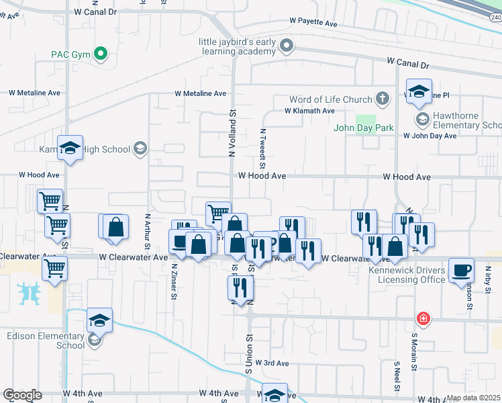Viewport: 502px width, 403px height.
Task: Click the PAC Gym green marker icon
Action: click(x=101, y=54)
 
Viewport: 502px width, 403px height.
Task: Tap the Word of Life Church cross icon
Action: click(x=383, y=99)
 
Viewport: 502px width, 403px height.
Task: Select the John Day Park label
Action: click(x=364, y=128)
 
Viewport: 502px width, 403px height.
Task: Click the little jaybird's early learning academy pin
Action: click(x=287, y=46)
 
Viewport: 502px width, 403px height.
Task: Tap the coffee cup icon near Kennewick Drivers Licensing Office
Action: click(x=460, y=270)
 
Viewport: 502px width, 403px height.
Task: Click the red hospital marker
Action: click(x=423, y=317)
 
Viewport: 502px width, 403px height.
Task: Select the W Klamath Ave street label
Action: click(x=309, y=111)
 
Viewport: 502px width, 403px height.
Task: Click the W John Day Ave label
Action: click(x=430, y=136)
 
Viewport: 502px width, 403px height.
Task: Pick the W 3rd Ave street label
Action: click(x=271, y=363)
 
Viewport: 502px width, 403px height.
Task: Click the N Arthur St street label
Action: click(x=148, y=232)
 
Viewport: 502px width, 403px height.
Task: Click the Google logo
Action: click(x=22, y=395)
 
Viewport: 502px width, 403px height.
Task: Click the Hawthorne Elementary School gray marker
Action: click(x=422, y=120)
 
